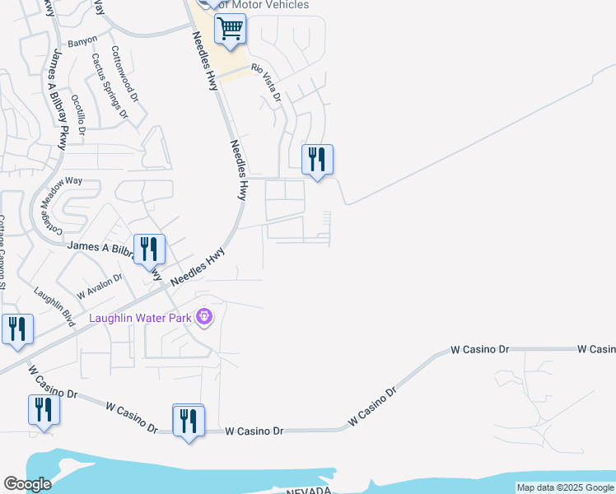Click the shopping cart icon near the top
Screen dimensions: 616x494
click(x=230, y=30)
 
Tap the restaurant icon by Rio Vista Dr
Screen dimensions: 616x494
click(x=317, y=159)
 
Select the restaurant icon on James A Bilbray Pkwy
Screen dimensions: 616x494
click(x=148, y=248)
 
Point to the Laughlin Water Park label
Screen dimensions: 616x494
click(x=140, y=317)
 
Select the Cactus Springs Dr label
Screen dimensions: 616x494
click(x=110, y=86)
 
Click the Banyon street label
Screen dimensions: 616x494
click(x=82, y=40)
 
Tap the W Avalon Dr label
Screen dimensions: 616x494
click(x=99, y=285)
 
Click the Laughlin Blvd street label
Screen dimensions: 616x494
click(x=54, y=306)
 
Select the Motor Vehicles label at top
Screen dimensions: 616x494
click(x=264, y=5)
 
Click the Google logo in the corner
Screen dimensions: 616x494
click(x=27, y=484)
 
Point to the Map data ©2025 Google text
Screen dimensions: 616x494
click(x=564, y=487)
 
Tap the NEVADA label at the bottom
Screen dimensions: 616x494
click(x=308, y=491)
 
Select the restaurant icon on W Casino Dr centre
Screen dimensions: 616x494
click(x=189, y=421)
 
